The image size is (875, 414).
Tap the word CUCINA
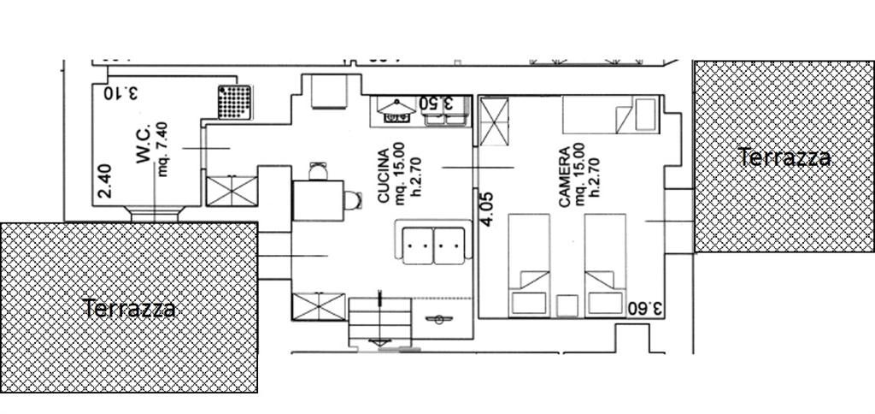pyautogui.click(x=384, y=176)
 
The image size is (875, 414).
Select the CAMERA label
pyautogui.click(x=566, y=177)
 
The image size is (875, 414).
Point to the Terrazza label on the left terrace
pyautogui.click(x=129, y=309)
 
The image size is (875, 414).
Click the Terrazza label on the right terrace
pyautogui.click(x=784, y=157)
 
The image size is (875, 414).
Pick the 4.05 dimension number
pyautogui.click(x=487, y=210)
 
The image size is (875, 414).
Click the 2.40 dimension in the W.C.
pyautogui.click(x=105, y=180)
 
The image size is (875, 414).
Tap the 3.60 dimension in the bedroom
pyautogui.click(x=644, y=309)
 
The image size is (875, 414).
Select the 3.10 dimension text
pyautogui.click(x=120, y=92)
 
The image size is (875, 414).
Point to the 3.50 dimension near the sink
pyautogui.click(x=437, y=103)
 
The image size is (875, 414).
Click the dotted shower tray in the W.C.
pyautogui.click(x=234, y=102)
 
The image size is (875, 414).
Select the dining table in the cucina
pyautogui.click(x=318, y=200)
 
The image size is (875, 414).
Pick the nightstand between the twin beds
pyautogui.click(x=567, y=305)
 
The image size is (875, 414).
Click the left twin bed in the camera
pyautogui.click(x=529, y=265)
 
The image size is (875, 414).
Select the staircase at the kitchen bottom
pyautogui.click(x=380, y=322)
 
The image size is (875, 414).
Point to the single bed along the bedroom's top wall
pyautogui.click(x=611, y=115)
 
